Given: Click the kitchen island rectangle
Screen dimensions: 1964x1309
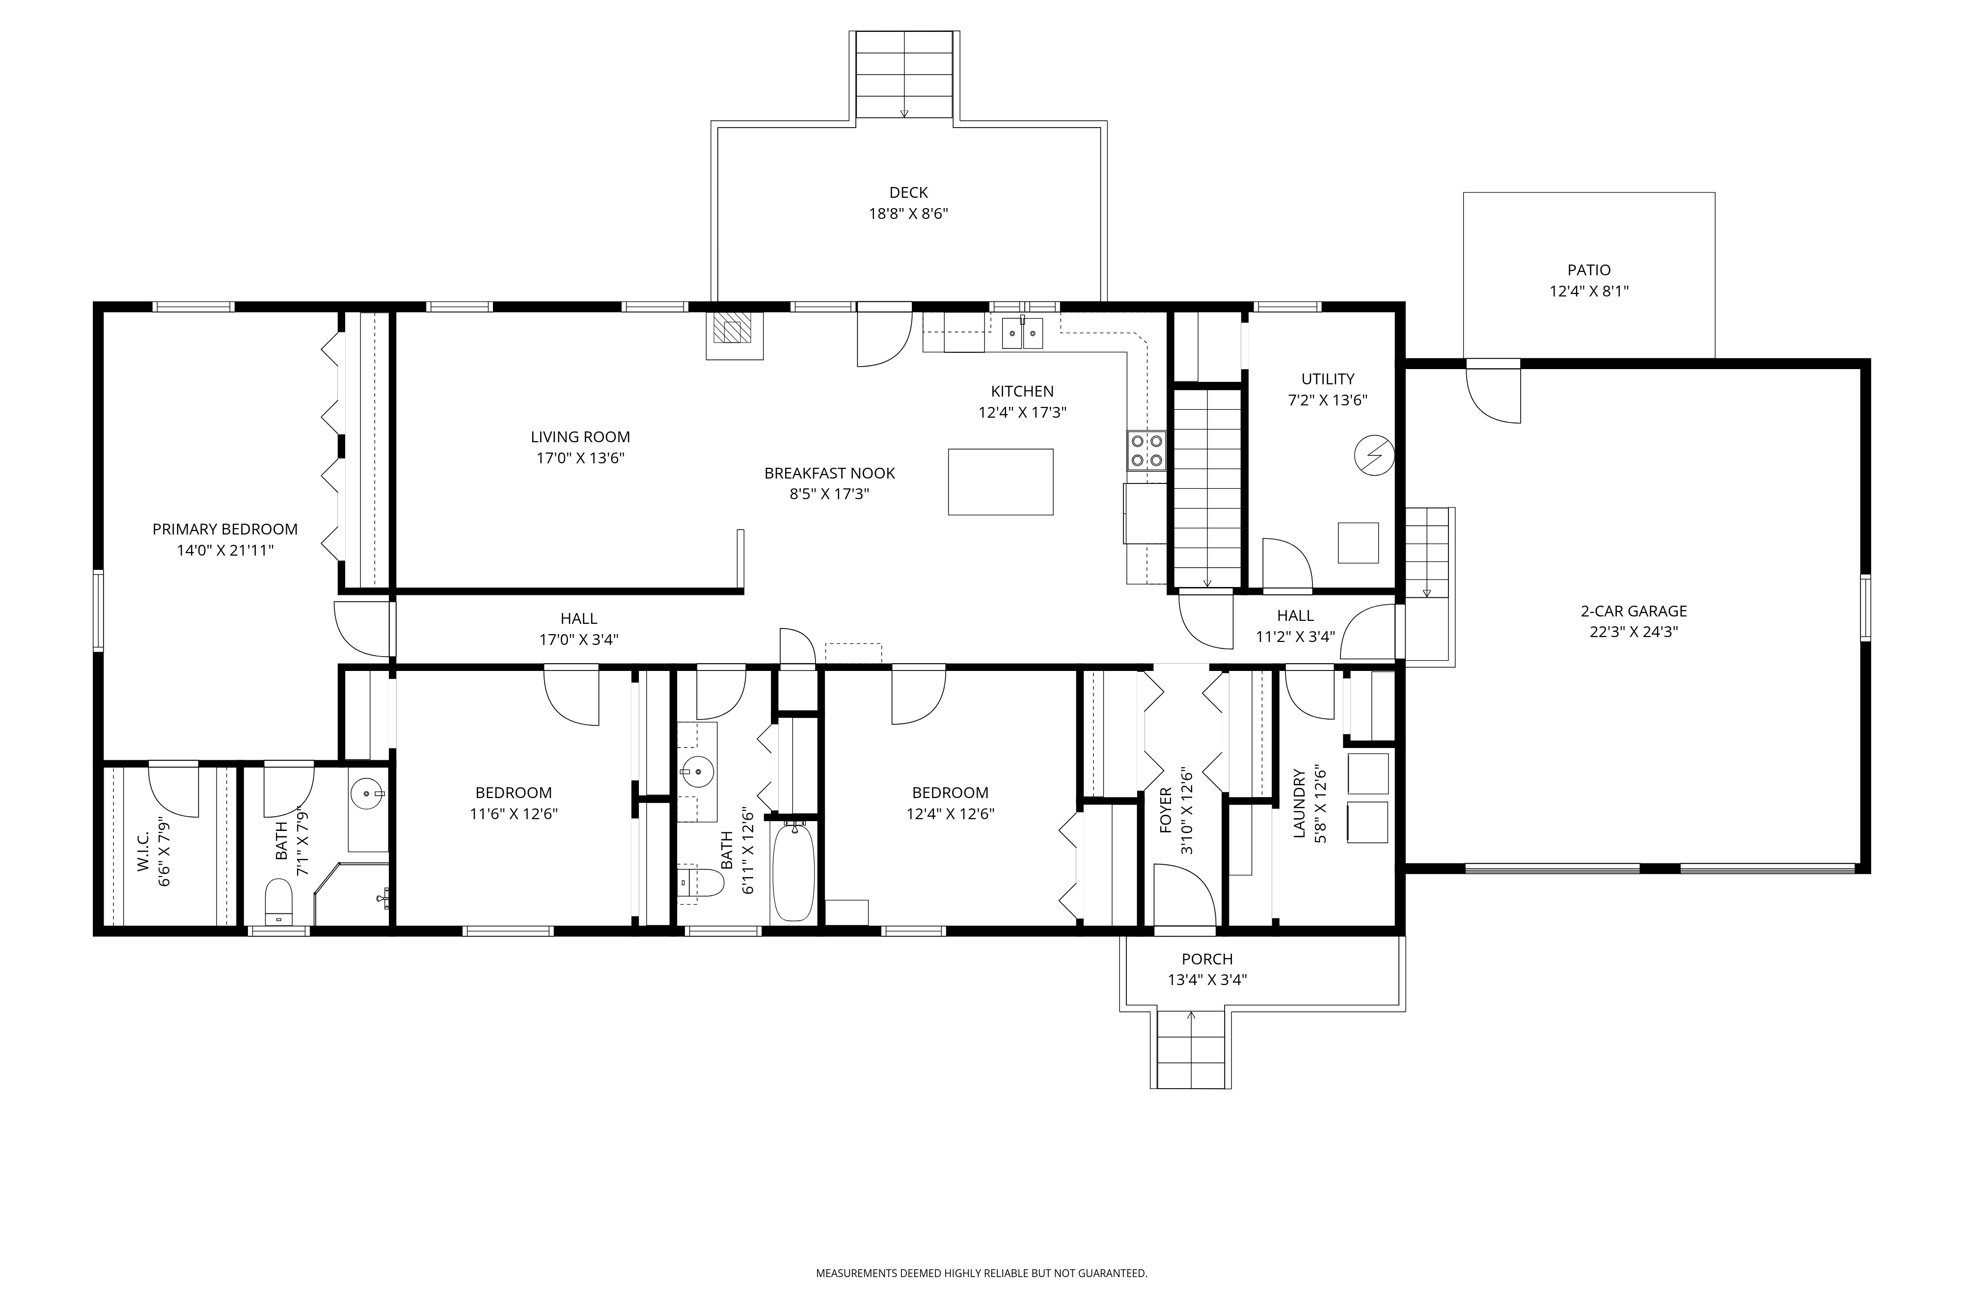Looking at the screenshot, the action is (1000, 481).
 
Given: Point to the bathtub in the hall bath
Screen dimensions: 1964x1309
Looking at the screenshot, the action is (793, 872).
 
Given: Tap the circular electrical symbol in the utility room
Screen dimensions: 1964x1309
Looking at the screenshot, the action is (1374, 456).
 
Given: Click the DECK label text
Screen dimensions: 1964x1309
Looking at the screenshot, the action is (908, 193).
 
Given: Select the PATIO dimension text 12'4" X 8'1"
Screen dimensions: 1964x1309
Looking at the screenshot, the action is (1589, 292).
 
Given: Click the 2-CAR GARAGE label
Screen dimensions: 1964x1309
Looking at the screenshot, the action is (1634, 611).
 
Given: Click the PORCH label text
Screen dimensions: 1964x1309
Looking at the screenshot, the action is (1206, 959).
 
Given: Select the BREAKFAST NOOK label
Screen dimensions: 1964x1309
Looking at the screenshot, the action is (829, 473).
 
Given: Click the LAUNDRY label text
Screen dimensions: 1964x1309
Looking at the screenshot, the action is (1299, 803).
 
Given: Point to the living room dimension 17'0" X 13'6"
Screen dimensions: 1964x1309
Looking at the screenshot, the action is (580, 458).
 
